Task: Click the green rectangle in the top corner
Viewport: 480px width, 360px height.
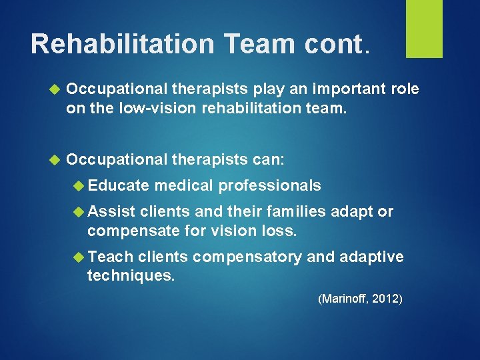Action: [425, 28]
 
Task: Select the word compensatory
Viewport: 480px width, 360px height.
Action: [246, 257]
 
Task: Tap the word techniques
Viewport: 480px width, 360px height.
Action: [131, 275]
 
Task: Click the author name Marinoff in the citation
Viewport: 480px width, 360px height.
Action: [345, 299]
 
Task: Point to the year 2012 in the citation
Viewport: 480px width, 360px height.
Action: [386, 299]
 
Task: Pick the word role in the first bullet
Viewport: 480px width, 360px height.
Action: [403, 89]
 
